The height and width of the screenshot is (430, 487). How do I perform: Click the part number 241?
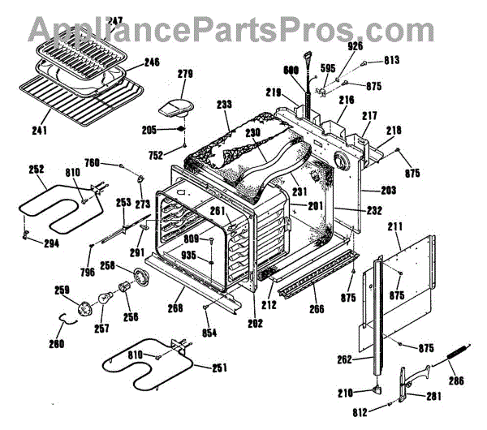pos(38,127)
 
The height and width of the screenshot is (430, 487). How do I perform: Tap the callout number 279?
pos(186,74)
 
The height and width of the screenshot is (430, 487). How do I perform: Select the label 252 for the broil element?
pos(36,170)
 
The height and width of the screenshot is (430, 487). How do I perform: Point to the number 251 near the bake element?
pos(219,368)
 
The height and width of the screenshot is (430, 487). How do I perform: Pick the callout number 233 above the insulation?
pos(225,104)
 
